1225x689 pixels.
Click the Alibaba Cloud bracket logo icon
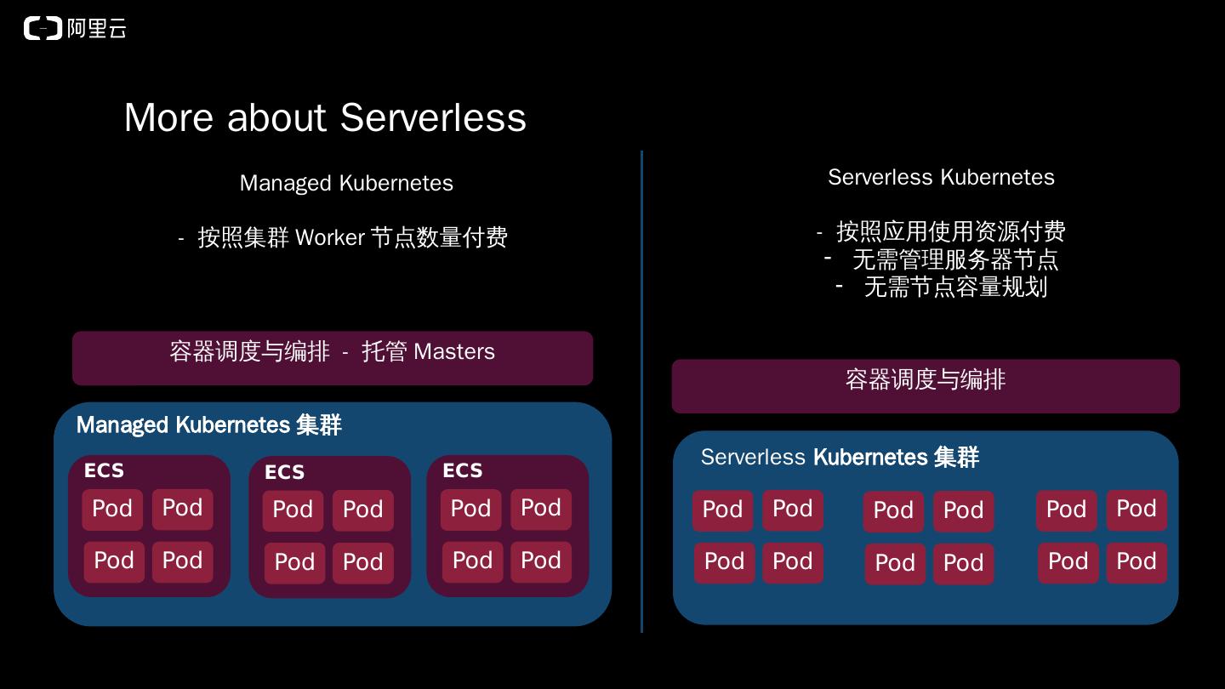pos(43,29)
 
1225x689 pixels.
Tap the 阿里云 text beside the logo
pos(96,29)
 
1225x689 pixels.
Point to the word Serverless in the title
pos(433,117)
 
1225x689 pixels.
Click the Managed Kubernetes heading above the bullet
pos(346,183)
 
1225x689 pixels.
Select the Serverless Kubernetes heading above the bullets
pos(941,177)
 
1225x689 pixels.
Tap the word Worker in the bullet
pos(330,237)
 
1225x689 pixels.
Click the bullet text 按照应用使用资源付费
pos(950,231)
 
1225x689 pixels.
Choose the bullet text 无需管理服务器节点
pos(955,259)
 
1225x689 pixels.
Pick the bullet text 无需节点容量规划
pos(955,288)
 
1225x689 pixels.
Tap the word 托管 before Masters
pos(385,351)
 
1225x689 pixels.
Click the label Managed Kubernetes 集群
pos(208,425)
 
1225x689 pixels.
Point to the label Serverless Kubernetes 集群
pos(840,457)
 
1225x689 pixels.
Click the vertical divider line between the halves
pos(641,391)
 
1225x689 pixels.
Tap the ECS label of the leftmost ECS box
pos(104,470)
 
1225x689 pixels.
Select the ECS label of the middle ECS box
pos(284,472)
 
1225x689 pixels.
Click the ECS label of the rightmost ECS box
pos(463,470)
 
